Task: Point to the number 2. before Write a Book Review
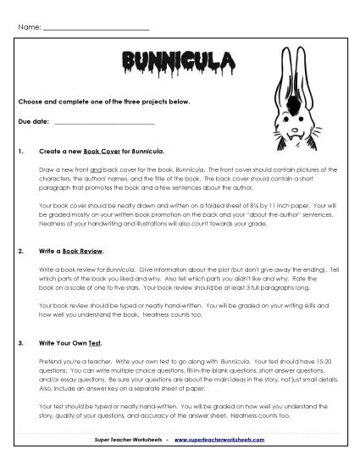point(20,252)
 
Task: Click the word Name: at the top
point(29,28)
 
